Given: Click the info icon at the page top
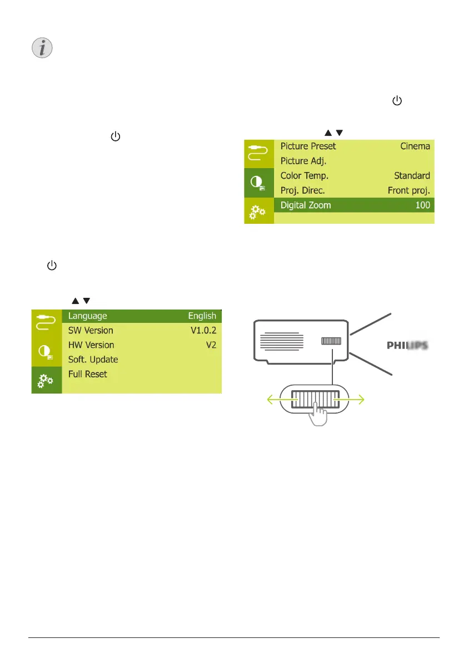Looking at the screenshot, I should point(40,49).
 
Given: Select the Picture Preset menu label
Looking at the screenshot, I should point(308,146).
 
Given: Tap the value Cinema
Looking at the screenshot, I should point(415,146).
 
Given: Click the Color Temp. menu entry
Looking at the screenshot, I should point(304,175).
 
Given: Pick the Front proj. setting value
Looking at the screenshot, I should point(409,190).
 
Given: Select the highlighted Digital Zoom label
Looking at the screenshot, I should point(305,205).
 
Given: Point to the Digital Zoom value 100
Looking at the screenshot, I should point(422,205).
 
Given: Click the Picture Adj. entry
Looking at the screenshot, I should point(303,161).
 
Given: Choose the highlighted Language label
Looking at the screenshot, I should point(87,316).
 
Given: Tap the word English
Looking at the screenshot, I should point(202,316).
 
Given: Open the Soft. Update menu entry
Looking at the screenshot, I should point(93,360).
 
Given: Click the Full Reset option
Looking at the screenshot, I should point(87,374).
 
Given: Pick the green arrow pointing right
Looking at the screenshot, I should point(359,399).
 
